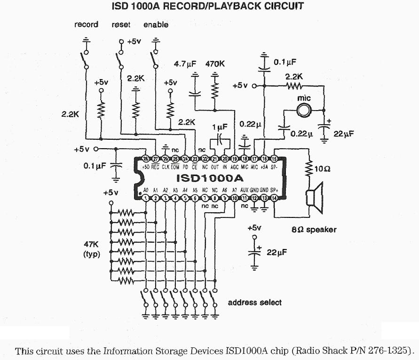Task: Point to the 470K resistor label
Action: [215, 64]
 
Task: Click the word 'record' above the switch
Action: [86, 24]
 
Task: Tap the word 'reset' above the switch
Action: [121, 24]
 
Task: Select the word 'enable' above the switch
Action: [156, 24]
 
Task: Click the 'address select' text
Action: [254, 302]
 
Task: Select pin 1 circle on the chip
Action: [146, 199]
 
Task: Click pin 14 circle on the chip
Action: [274, 199]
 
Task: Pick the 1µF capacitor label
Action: [220, 127]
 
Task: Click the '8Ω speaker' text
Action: [314, 230]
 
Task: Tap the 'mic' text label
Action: [305, 98]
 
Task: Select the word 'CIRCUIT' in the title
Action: [281, 7]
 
